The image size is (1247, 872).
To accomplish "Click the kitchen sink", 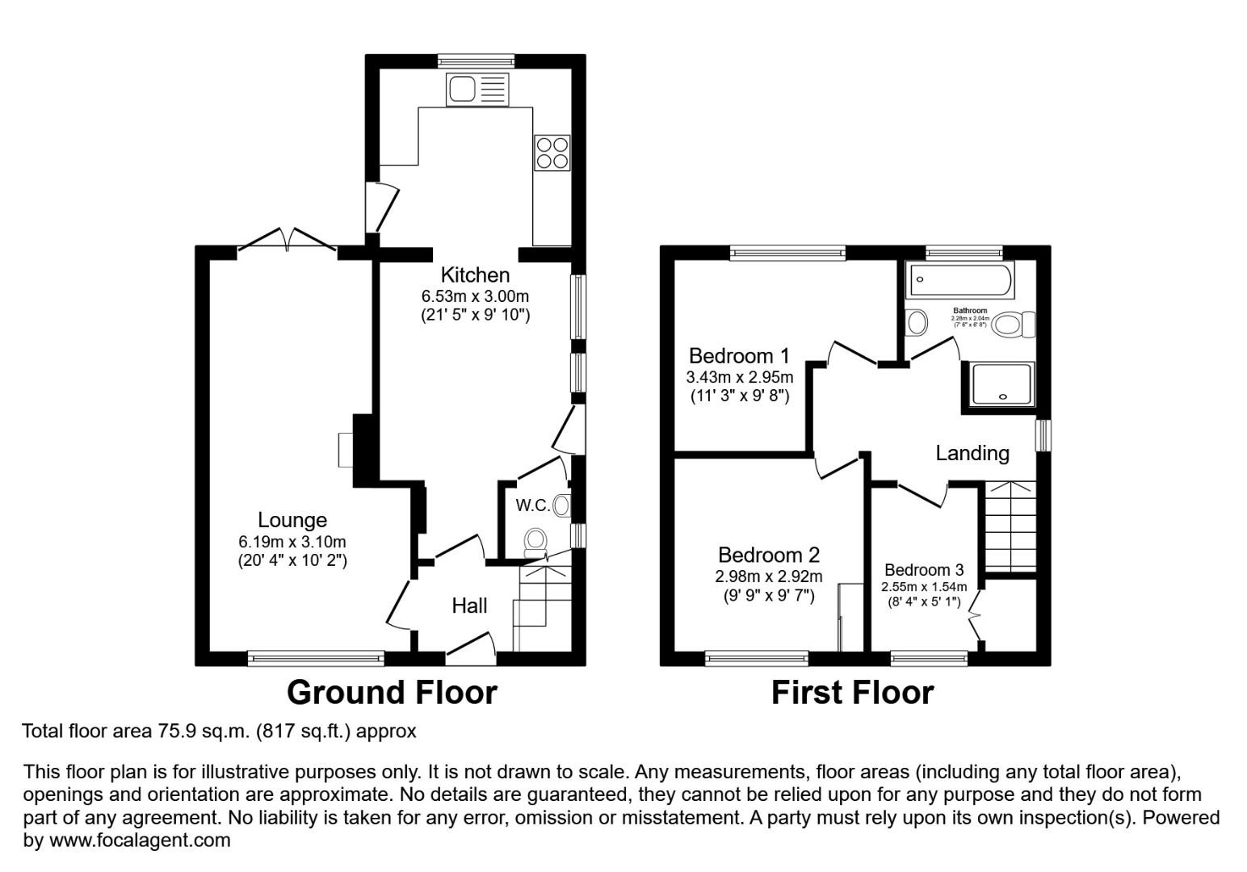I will pyautogui.click(x=477, y=89).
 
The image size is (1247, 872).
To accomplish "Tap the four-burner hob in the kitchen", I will pyautogui.click(x=552, y=153).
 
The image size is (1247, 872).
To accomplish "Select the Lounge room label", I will pyautogui.click(x=292, y=521).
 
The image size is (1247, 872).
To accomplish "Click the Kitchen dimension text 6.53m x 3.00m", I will pyautogui.click(x=475, y=296).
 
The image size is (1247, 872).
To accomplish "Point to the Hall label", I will pyautogui.click(x=469, y=606).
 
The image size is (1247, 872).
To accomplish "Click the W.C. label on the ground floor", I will pyautogui.click(x=532, y=505).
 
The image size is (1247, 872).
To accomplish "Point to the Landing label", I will pyautogui.click(x=972, y=453).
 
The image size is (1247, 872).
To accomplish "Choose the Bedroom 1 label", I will pyautogui.click(x=738, y=356).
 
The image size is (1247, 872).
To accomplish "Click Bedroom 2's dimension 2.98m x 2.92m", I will pyautogui.click(x=768, y=576).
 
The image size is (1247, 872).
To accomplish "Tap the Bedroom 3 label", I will pyautogui.click(x=923, y=570).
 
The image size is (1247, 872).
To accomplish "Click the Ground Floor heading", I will pyautogui.click(x=392, y=693).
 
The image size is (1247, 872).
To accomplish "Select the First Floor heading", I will pyautogui.click(x=852, y=693).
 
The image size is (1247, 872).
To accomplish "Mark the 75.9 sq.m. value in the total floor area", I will pyautogui.click(x=203, y=732).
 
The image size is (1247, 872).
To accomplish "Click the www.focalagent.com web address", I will pyautogui.click(x=140, y=841).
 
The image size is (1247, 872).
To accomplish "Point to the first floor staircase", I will pyautogui.click(x=1010, y=526).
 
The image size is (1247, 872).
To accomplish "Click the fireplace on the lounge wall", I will pyautogui.click(x=346, y=450).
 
